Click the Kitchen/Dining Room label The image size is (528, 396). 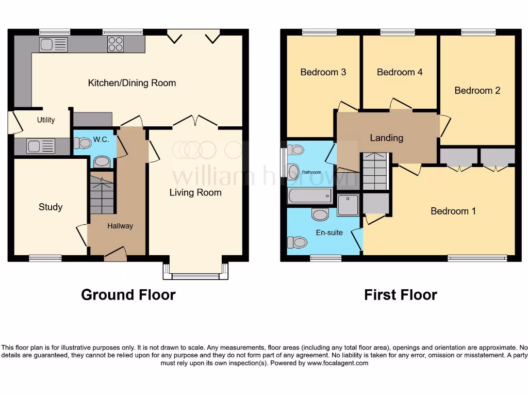click(132, 83)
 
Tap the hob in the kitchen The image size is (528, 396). click(115, 44)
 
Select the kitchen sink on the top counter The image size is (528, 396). click(53, 45)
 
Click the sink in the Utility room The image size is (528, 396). click(40, 146)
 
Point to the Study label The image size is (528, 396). click(51, 207)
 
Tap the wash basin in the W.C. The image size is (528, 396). click(102, 162)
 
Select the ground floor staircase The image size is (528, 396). click(102, 195)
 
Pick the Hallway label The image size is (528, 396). click(120, 226)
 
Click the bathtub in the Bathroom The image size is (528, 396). click(310, 196)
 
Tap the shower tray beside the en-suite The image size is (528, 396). click(348, 205)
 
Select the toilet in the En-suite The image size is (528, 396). click(297, 242)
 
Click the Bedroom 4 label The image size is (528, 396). click(400, 72)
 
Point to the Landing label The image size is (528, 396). click(386, 138)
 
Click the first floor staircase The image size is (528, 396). click(374, 172)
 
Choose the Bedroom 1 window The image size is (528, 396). click(477, 258)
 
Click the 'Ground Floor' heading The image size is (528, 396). click(128, 295)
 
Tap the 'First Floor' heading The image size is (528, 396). click(400, 295)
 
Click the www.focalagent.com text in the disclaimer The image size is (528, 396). click(338, 363)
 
